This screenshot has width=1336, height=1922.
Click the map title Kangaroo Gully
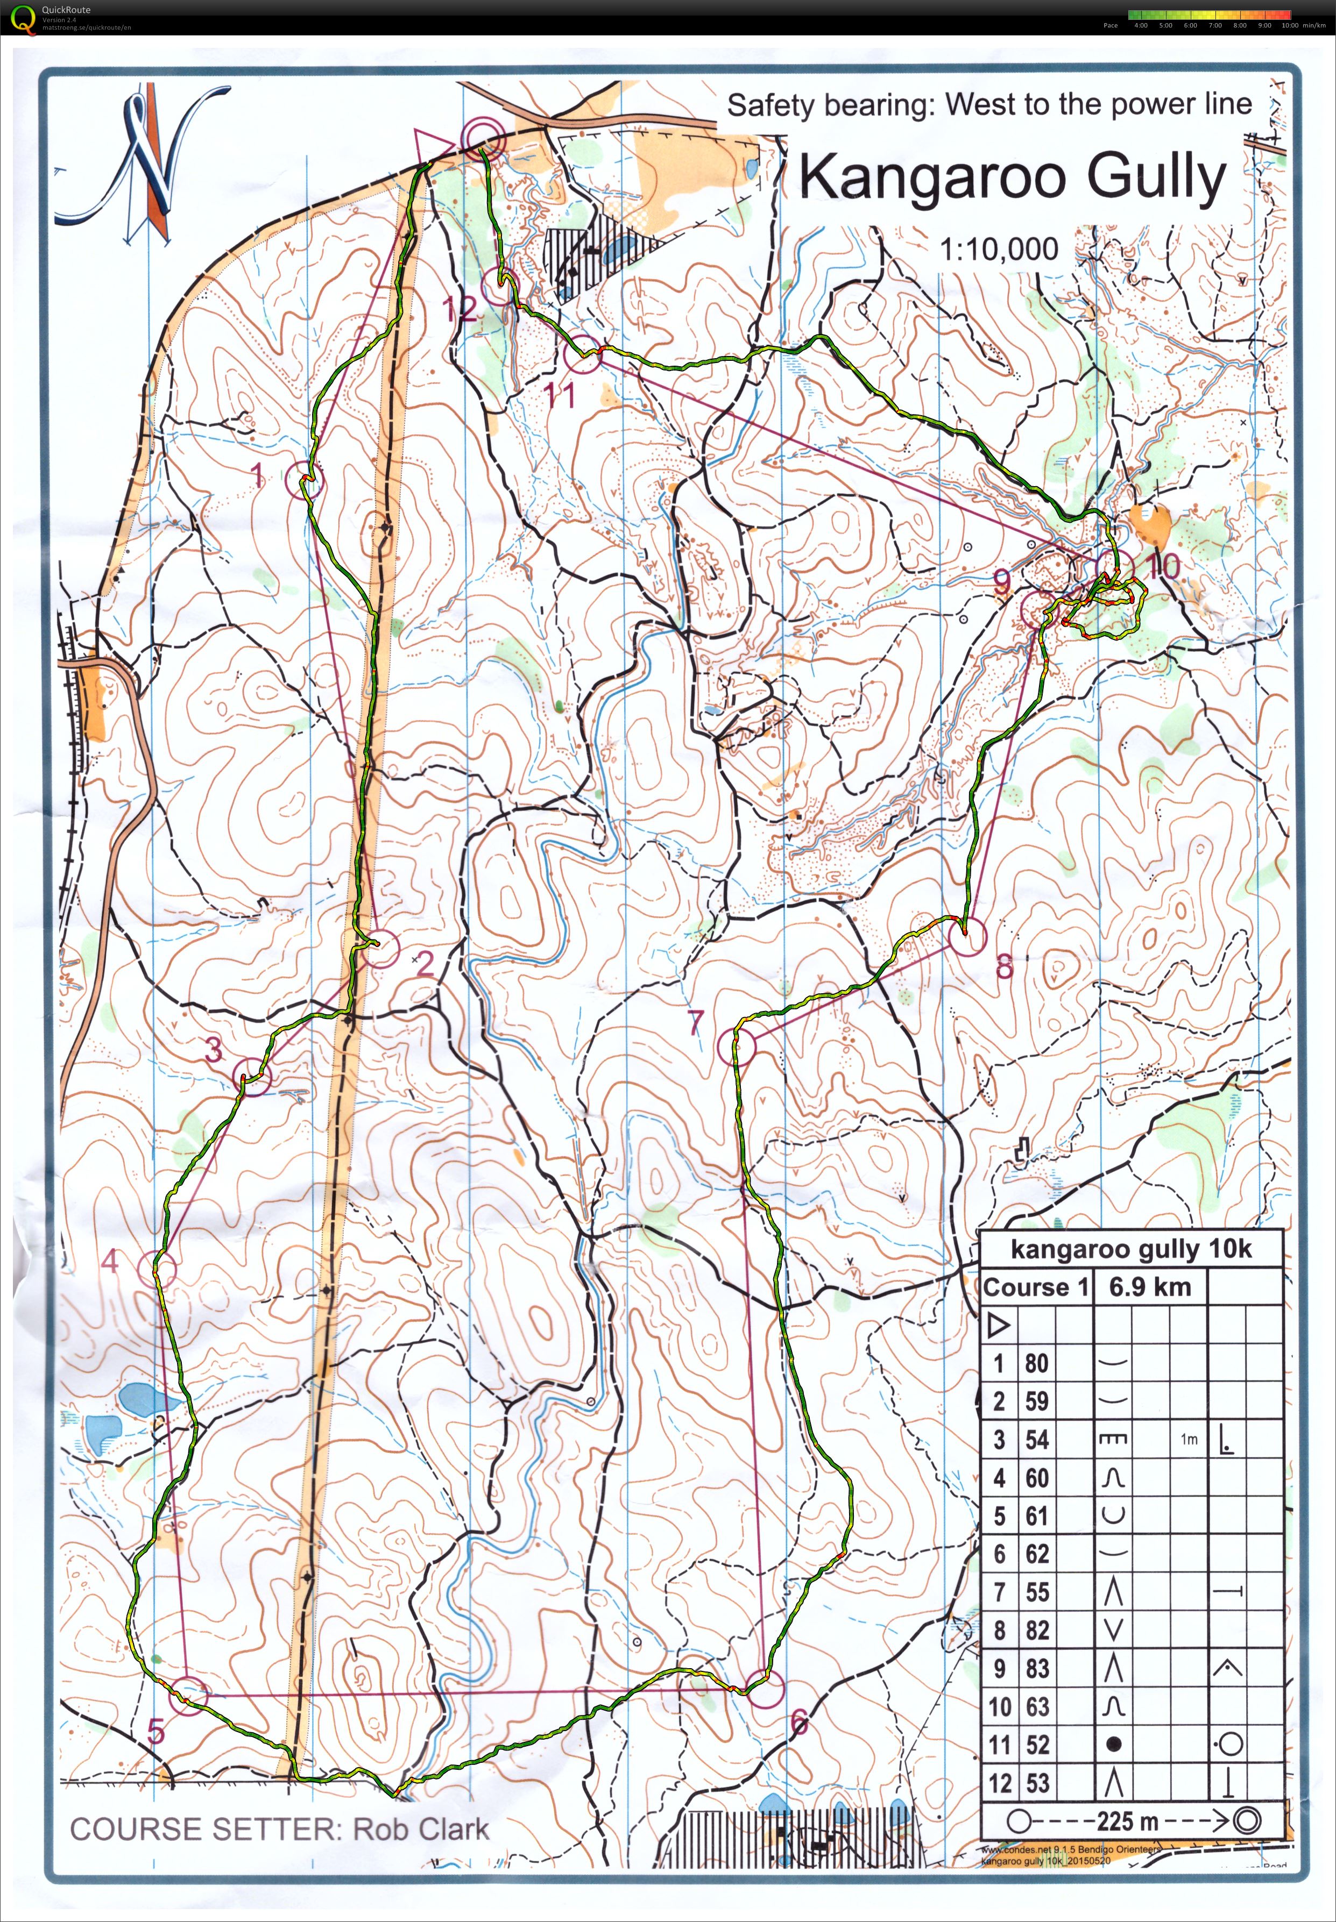point(1012,177)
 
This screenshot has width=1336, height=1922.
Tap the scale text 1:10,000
point(999,248)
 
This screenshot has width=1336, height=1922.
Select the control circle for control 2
point(381,948)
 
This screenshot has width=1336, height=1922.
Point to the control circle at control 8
point(967,937)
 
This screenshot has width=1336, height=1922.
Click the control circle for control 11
point(583,357)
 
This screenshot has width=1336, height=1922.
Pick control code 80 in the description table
point(1036,1364)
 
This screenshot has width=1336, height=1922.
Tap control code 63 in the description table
point(1036,1707)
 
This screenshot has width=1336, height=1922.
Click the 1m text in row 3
point(1189,1439)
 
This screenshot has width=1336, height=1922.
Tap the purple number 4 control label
point(110,1261)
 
